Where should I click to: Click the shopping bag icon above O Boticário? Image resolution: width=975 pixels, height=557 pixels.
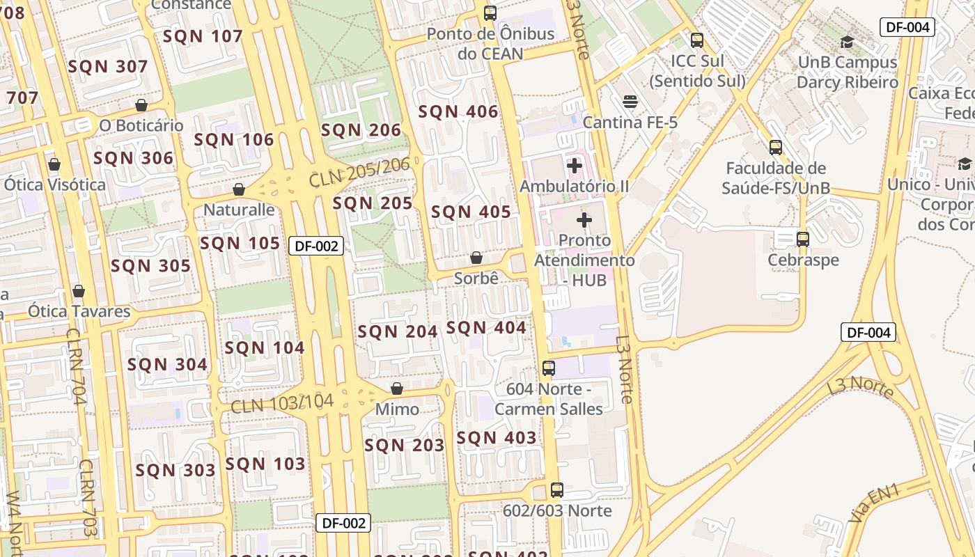(141, 105)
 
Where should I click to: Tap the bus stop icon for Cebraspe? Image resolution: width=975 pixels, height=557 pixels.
(803, 240)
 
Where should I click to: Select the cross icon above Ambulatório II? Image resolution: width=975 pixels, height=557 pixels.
(575, 166)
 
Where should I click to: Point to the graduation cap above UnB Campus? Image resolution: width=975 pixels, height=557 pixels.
(847, 42)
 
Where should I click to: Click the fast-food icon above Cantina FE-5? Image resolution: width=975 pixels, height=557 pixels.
(630, 102)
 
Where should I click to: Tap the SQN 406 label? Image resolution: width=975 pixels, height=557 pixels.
(458, 112)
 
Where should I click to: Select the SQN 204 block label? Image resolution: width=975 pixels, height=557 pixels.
(397, 332)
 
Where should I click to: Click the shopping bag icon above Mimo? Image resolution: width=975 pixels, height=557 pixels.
(397, 389)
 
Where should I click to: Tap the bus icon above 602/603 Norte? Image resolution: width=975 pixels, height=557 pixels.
(556, 490)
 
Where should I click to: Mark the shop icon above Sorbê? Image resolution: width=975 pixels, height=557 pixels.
(476, 258)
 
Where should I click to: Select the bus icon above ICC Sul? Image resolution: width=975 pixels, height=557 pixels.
(696, 40)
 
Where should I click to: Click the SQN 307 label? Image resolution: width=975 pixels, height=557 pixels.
(108, 67)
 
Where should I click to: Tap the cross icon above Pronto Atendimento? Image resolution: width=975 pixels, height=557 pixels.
(584, 221)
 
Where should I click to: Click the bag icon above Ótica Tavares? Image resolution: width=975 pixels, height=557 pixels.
(79, 291)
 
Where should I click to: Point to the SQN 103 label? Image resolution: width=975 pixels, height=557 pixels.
(265, 464)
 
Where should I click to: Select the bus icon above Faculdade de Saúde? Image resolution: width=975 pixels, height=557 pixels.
(775, 148)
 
